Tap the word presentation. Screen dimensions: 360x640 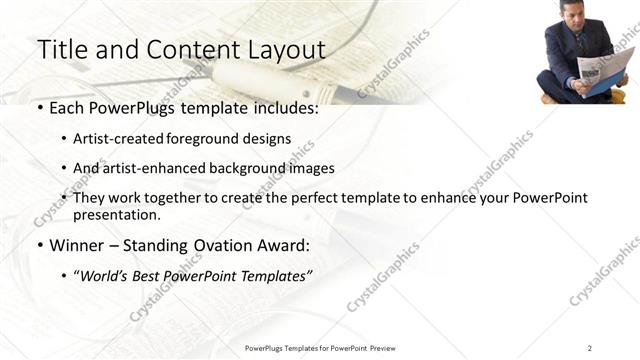[x=117, y=214]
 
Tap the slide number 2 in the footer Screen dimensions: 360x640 [x=589, y=348]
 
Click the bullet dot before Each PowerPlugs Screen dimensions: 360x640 [x=39, y=108]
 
